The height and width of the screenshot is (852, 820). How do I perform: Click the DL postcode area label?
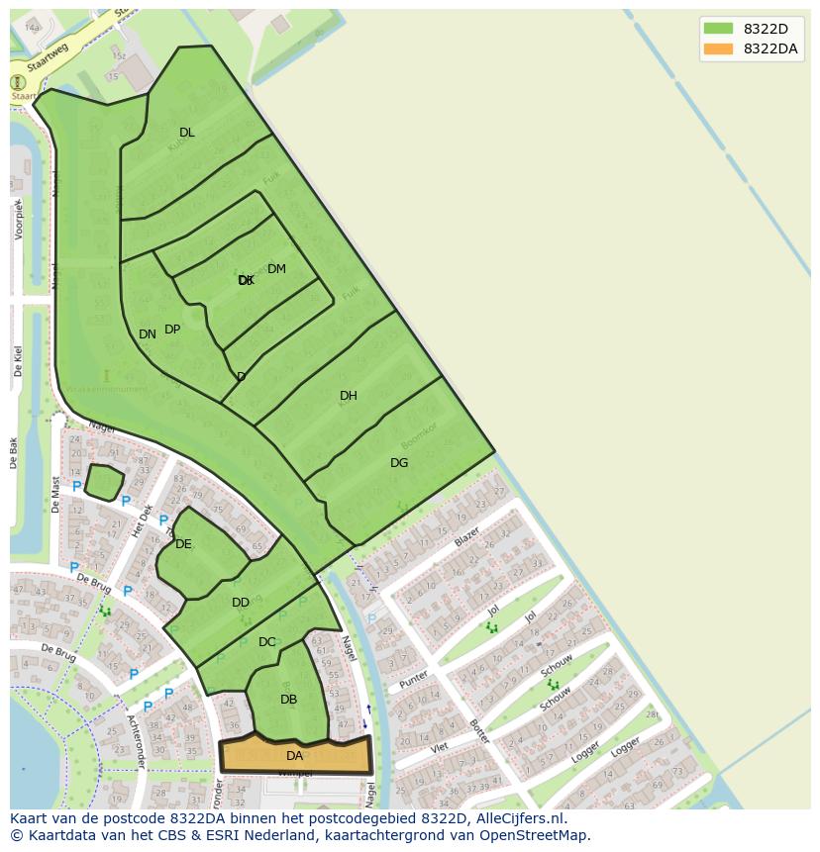pos(187,133)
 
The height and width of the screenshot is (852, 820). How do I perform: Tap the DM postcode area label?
pos(276,269)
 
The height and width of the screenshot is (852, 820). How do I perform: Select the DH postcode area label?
pos(349,396)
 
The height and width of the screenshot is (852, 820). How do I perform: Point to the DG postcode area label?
pos(399,463)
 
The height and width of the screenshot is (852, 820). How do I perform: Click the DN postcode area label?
pos(148,334)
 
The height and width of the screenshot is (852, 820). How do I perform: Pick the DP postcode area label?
pos(172,330)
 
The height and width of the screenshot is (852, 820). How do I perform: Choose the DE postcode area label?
pos(183,544)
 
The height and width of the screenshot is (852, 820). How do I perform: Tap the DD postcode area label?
pos(241,603)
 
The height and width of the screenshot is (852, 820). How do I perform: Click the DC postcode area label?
pos(267,642)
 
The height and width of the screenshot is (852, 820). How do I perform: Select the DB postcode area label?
pos(288,700)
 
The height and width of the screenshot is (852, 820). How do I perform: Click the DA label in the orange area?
pos(294,756)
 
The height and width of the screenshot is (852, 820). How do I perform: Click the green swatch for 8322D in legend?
pos(718,29)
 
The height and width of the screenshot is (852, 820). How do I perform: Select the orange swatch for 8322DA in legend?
pos(718,48)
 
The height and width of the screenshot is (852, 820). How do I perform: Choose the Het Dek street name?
pos(143,520)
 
